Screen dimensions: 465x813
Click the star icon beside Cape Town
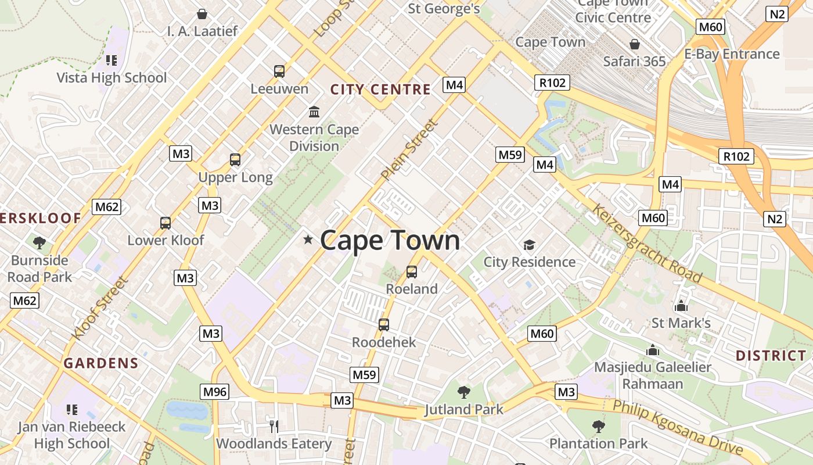click(x=308, y=239)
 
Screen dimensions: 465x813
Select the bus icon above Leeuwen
click(x=279, y=71)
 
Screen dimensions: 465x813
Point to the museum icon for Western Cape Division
click(x=314, y=112)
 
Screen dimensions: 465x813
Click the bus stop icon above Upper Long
click(x=235, y=160)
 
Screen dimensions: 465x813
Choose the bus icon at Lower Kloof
click(x=166, y=223)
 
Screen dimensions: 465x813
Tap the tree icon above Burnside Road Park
click(x=39, y=242)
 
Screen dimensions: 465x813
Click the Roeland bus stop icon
click(x=412, y=271)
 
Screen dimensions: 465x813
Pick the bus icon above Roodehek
click(x=384, y=325)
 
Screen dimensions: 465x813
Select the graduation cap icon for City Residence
click(x=529, y=245)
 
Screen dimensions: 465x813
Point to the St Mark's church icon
click(x=681, y=305)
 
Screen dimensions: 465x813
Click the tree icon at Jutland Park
click(x=463, y=392)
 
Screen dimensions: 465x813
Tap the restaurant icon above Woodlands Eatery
click(x=274, y=426)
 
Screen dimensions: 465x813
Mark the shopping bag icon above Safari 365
click(x=635, y=44)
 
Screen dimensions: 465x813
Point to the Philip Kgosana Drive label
click(x=678, y=427)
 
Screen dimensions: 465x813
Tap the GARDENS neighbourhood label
click(x=101, y=364)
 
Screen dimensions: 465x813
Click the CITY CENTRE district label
click(x=380, y=90)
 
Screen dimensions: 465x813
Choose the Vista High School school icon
click(x=111, y=60)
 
